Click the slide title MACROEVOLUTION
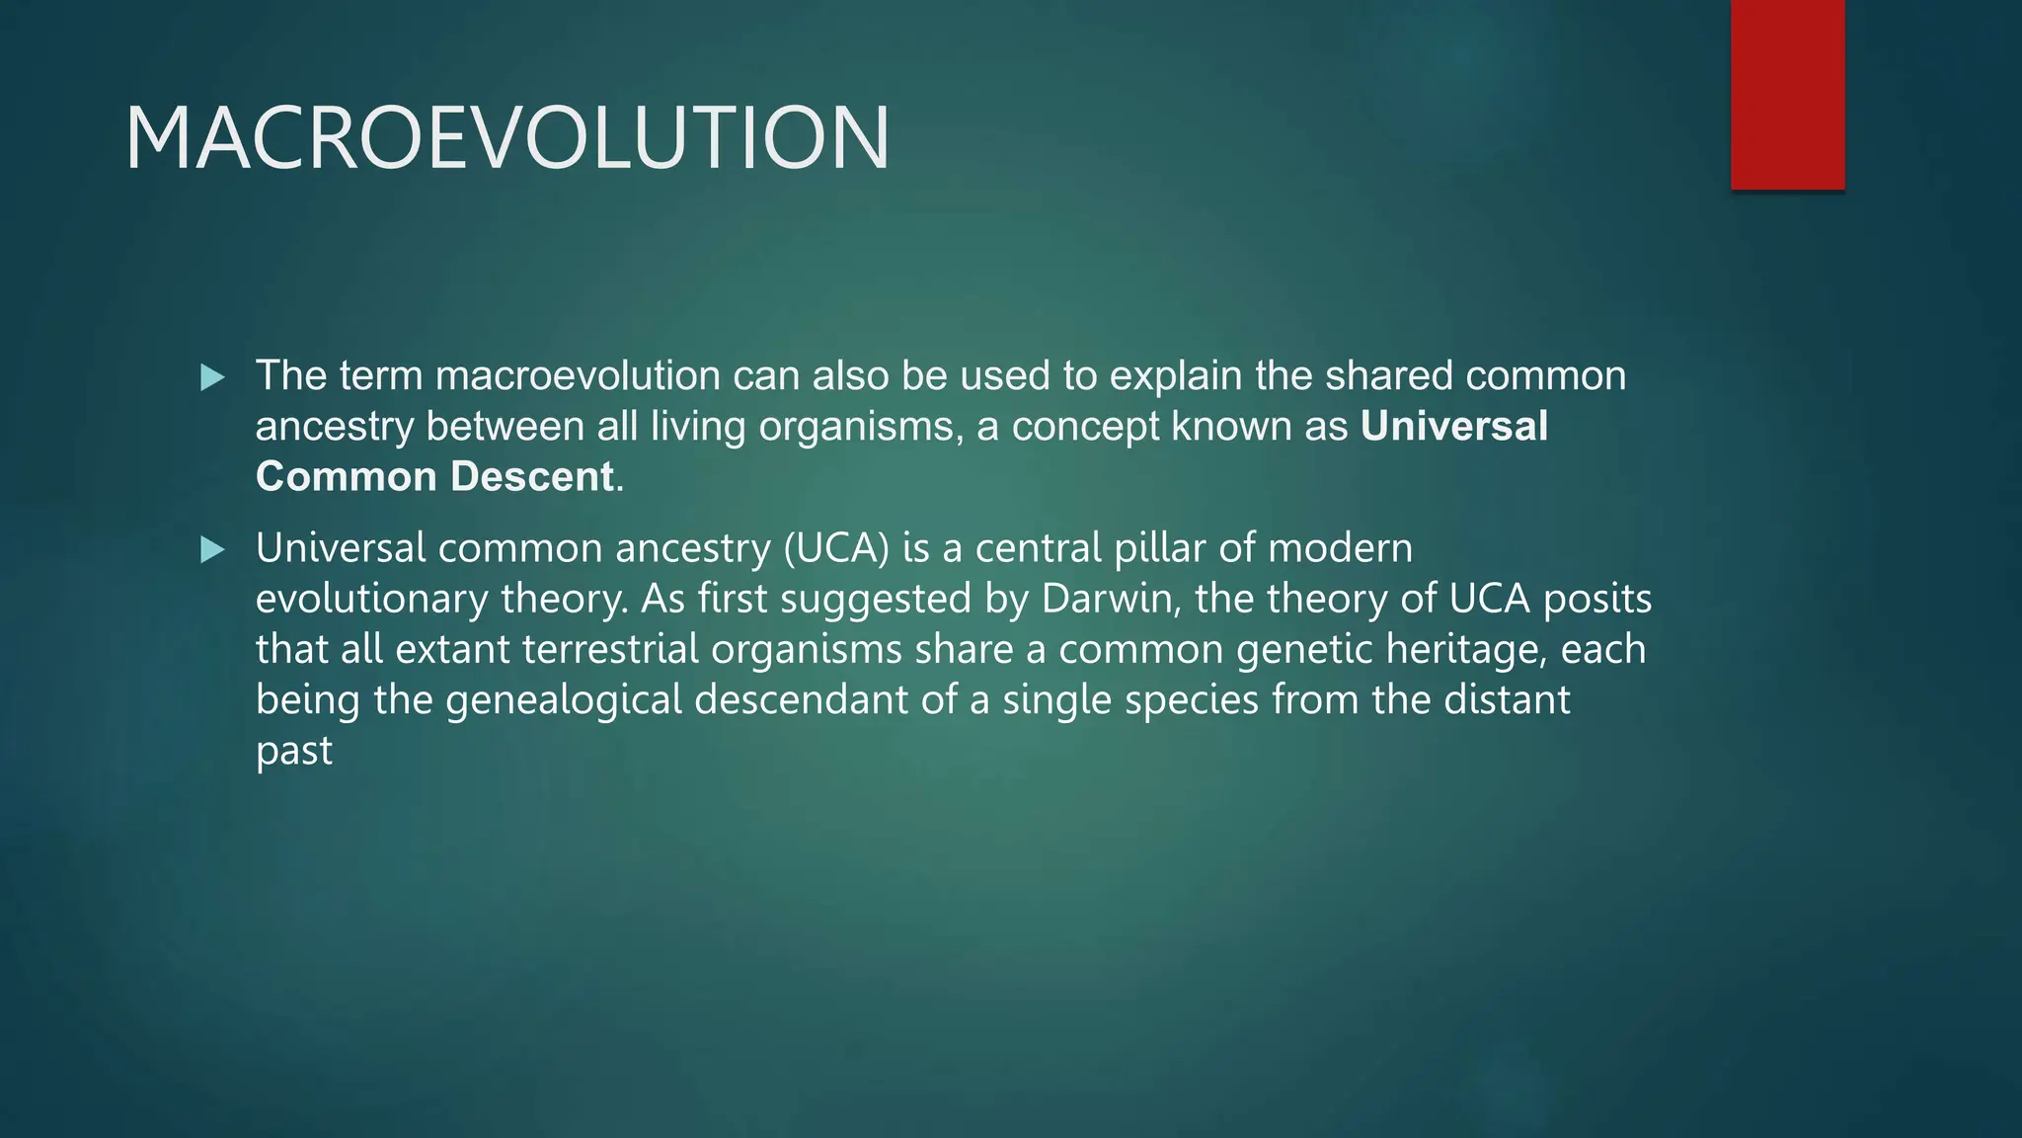click(x=507, y=138)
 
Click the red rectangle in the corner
click(x=1787, y=95)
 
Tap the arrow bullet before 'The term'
click(x=212, y=377)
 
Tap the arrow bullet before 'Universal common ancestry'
click(x=212, y=550)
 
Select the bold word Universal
click(x=1453, y=427)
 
